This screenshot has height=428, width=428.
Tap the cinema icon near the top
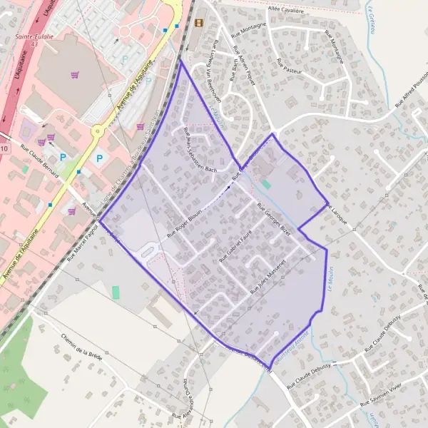pos(198,23)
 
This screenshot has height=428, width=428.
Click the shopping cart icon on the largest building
pos(74,74)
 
